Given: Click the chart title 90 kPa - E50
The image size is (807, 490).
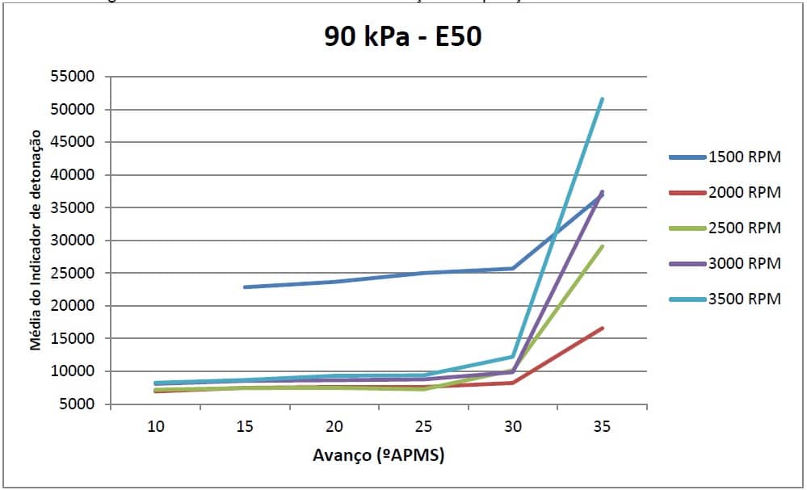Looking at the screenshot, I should tap(402, 36).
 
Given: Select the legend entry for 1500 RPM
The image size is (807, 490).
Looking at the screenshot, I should tap(744, 157).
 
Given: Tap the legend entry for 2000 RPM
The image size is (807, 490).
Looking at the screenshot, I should tap(744, 193).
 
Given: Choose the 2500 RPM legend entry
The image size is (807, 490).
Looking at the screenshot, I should tap(744, 228).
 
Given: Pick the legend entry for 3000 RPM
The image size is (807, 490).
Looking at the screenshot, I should tap(744, 264).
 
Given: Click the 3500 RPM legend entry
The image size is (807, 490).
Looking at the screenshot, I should tap(744, 299).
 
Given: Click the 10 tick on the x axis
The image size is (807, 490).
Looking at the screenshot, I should tap(155, 425).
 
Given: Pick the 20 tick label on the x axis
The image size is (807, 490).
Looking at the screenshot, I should tap(334, 425).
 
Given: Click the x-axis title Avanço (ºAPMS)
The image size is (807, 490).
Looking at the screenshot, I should tap(378, 456).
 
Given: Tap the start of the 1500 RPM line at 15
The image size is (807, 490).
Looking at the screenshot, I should tap(244, 287).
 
